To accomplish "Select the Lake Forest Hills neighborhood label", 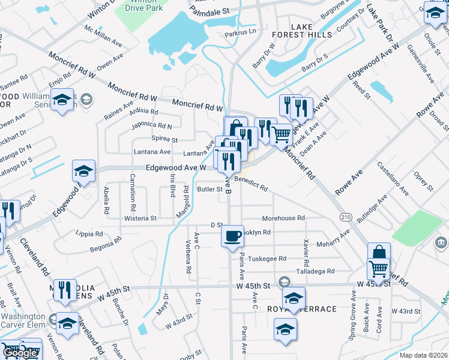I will [311, 31].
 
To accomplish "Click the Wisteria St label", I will [140, 218].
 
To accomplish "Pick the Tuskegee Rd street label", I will [267, 259].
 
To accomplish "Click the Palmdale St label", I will [209, 11].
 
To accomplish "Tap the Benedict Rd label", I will [251, 184].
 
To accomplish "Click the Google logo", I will [20, 353].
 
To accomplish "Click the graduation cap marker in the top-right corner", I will [435, 13].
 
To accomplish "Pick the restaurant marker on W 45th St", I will [65, 290].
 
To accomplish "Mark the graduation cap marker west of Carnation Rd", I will [83, 172].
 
